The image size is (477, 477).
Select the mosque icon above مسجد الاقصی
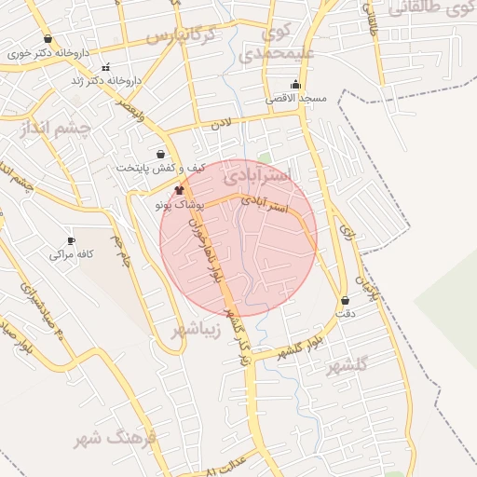(295, 85)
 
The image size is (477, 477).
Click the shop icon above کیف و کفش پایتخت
(162, 155)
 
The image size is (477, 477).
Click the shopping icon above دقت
(347, 301)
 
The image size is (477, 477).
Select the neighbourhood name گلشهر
(348, 365)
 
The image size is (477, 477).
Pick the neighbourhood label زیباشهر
(197, 329)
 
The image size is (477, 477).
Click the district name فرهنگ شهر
(118, 437)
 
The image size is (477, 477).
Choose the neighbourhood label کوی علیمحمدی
(277, 44)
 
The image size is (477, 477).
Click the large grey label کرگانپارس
(181, 36)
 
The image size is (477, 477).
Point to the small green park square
(265, 159)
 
